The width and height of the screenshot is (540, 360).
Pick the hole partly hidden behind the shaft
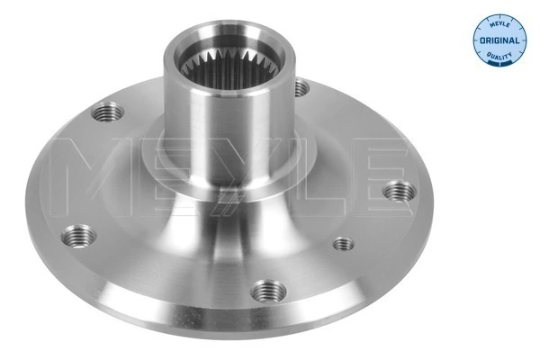coord(301,88)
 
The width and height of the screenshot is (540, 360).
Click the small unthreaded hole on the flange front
coord(343,243)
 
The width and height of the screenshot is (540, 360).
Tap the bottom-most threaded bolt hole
coord(265,290)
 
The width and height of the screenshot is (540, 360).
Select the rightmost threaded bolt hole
coord(396,191)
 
